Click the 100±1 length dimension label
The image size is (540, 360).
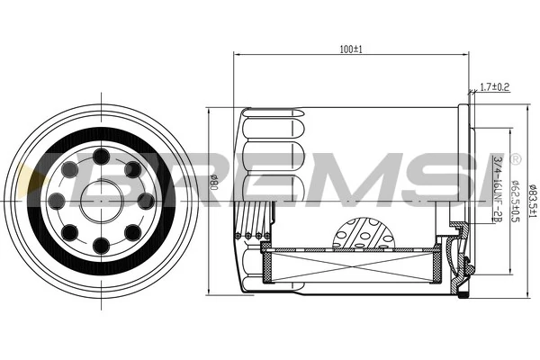pyautogui.click(x=351, y=49)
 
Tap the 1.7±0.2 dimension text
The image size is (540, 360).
pyautogui.click(x=494, y=87)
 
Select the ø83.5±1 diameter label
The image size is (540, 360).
pyautogui.click(x=533, y=200)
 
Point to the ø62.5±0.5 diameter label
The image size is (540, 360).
pyautogui.click(x=516, y=201)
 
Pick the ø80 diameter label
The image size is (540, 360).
pyautogui.click(x=214, y=183)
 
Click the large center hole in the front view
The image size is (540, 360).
pyautogui.click(x=101, y=201)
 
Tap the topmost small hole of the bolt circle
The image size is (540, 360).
pyautogui.click(x=101, y=157)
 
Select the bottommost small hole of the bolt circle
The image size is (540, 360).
pyautogui.click(x=101, y=246)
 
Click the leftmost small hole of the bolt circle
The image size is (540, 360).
pyautogui.click(x=57, y=201)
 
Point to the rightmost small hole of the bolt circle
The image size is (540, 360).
pyautogui.click(x=146, y=201)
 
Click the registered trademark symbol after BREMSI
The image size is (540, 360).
pyautogui.click(x=515, y=158)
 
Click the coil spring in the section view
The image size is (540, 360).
pyautogui.click(x=254, y=220)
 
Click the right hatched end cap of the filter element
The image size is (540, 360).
pyautogui.click(x=436, y=264)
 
